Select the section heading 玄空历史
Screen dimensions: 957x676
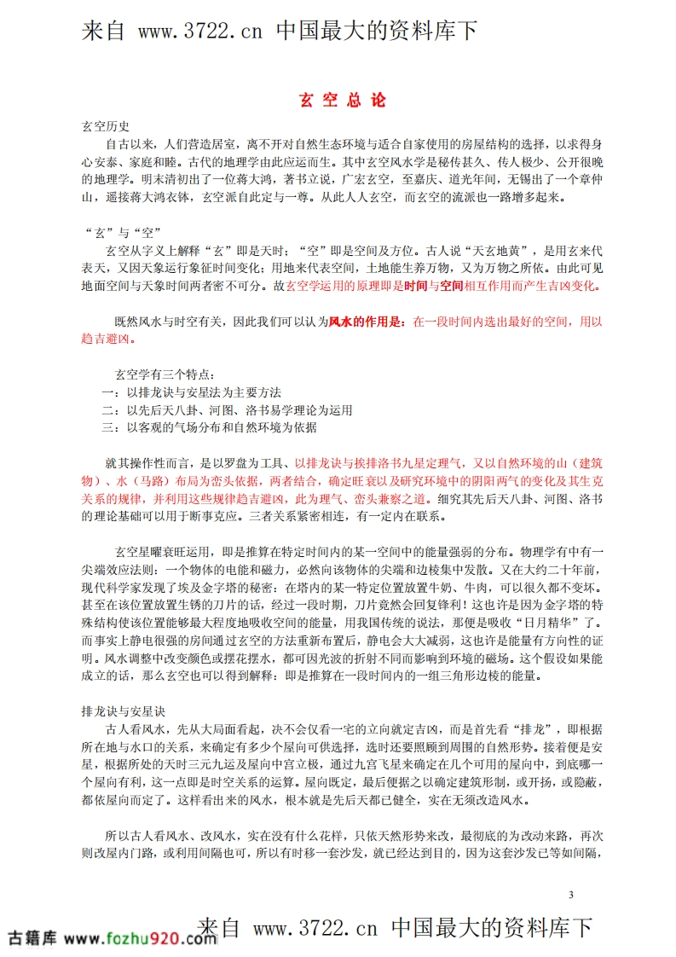pyautogui.click(x=105, y=126)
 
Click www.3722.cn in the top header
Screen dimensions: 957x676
pyautogui.click(x=200, y=32)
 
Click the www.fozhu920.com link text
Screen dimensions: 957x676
pyautogui.click(x=140, y=938)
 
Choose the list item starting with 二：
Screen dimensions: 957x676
pyautogui.click(x=226, y=409)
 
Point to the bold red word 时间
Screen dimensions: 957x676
pyautogui.click(x=415, y=287)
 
